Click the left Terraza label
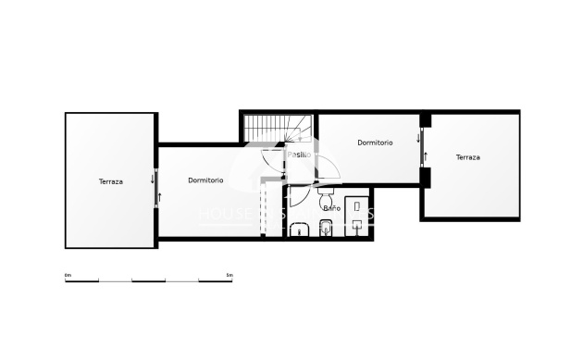point(111,181)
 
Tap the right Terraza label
point(467,157)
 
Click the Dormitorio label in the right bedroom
point(375,143)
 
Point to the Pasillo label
point(299,155)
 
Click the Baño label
point(330,208)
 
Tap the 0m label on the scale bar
point(68,275)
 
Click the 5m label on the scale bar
point(229,275)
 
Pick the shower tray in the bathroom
point(357,215)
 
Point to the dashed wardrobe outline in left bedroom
point(272,208)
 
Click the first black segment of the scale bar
point(83,279)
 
